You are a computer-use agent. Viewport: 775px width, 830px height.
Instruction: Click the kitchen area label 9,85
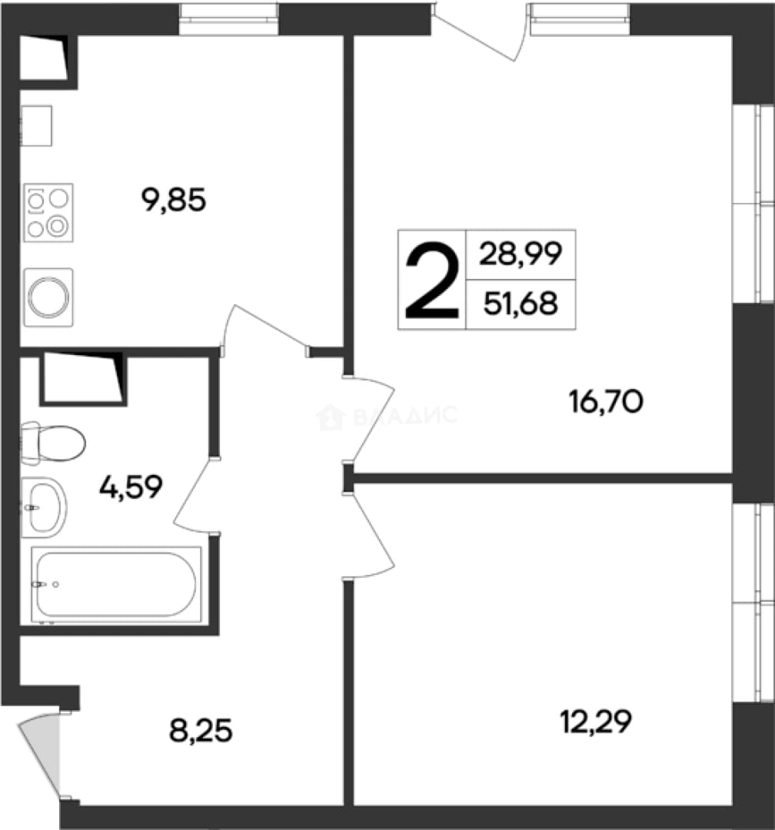173,201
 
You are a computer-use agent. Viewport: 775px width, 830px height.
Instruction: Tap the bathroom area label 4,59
130,487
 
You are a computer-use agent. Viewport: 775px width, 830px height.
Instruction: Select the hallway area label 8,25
201,732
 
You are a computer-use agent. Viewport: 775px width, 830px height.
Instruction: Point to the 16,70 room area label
606,401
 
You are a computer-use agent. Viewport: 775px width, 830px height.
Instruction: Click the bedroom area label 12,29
596,722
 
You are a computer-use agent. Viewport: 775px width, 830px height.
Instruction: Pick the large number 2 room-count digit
431,280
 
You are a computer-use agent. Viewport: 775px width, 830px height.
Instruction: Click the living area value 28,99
521,254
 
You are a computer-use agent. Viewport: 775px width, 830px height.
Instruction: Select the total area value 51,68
521,304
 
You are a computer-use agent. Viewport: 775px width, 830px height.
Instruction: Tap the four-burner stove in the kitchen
48,213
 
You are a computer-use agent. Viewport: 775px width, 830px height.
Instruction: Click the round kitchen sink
48,297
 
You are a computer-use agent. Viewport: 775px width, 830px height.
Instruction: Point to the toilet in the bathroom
53,443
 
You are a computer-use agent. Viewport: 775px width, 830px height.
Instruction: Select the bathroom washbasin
44,508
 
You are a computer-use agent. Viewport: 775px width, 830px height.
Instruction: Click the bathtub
117,584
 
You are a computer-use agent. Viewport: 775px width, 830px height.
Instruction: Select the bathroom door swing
197,496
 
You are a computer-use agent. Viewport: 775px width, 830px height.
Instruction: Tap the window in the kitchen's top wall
229,19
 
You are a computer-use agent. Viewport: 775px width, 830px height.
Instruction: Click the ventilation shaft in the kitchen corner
43,58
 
